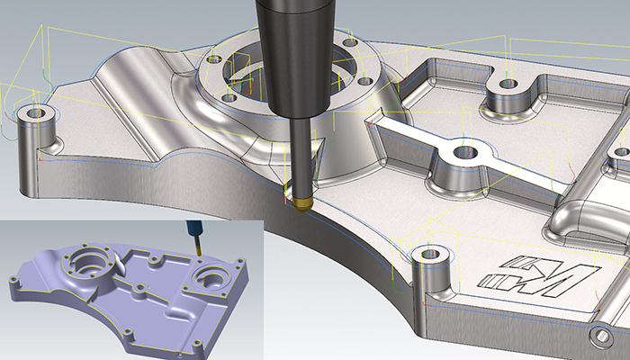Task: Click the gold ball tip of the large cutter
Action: click(x=299, y=198)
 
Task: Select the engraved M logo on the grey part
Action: click(x=539, y=275)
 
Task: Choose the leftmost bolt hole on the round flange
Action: click(x=213, y=59)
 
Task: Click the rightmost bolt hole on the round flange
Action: click(x=364, y=80)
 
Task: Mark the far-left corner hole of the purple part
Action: click(x=13, y=280)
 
